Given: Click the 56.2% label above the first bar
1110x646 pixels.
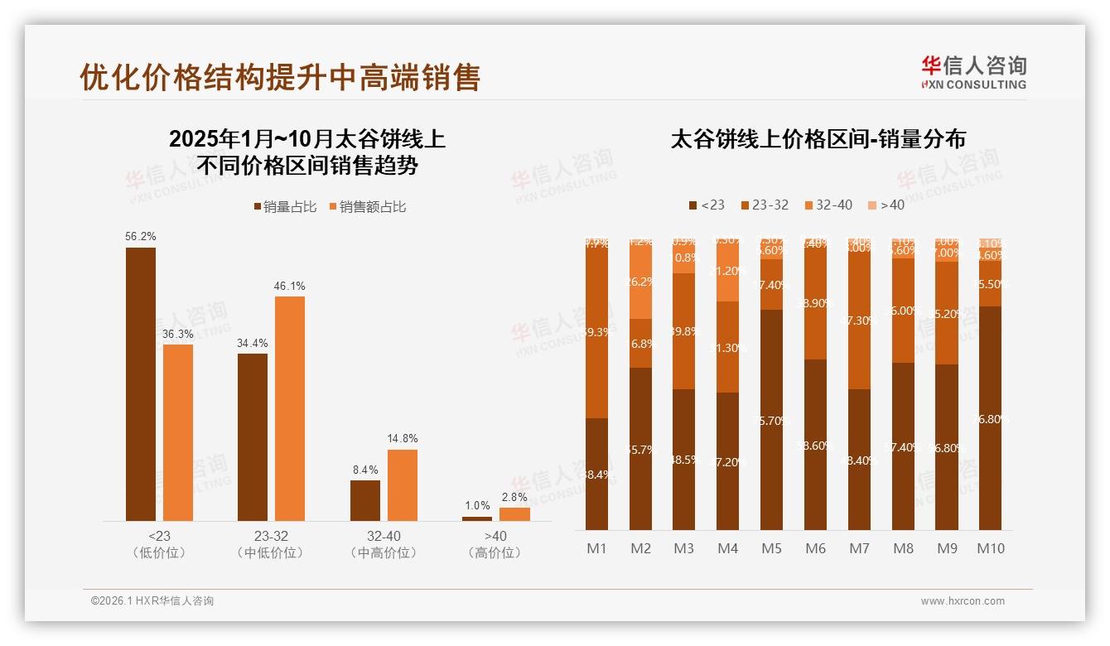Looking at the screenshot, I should pyautogui.click(x=141, y=237).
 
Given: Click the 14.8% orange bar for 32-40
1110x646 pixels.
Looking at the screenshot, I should pyautogui.click(x=403, y=485).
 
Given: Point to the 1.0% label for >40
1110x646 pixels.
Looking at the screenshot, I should pyautogui.click(x=477, y=506).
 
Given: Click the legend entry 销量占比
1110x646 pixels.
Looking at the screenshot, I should pyautogui.click(x=285, y=207).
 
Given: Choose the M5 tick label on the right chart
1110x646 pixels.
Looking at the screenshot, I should pyautogui.click(x=772, y=548).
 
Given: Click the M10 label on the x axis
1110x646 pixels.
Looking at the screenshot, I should pyautogui.click(x=991, y=548).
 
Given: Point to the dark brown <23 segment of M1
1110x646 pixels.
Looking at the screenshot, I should pyautogui.click(x=596, y=474).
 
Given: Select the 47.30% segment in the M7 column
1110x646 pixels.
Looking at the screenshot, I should pyautogui.click(x=859, y=321).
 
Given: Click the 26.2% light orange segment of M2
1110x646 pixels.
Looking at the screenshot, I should pyautogui.click(x=640, y=282).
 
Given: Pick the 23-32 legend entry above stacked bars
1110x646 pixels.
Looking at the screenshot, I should pyautogui.click(x=764, y=205).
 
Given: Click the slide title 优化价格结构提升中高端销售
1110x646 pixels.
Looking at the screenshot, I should pyautogui.click(x=280, y=77).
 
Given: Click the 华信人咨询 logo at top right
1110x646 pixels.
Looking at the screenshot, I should pyautogui.click(x=973, y=72).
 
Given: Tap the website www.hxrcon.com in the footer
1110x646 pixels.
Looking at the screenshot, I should pyautogui.click(x=962, y=601).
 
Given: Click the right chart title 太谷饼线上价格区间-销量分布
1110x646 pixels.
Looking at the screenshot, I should pyautogui.click(x=818, y=138).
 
